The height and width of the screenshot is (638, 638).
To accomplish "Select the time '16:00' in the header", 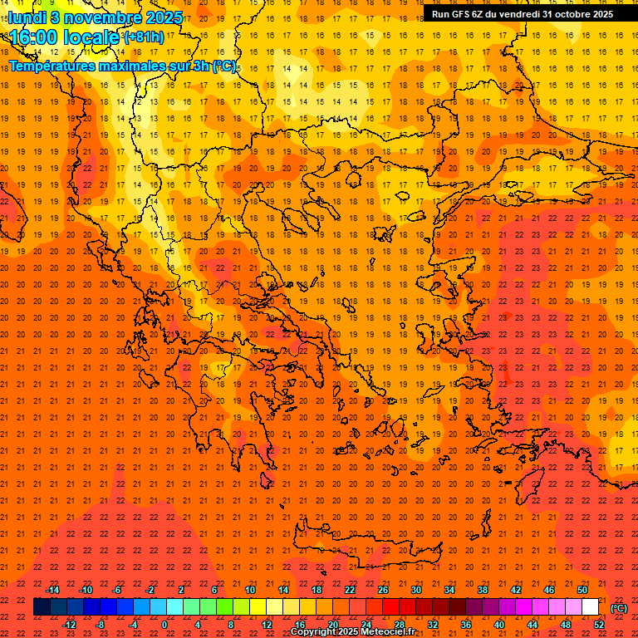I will [x=33, y=37].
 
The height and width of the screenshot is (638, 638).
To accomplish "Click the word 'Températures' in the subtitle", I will [x=55, y=66].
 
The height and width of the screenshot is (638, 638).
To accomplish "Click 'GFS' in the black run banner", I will [x=464, y=14].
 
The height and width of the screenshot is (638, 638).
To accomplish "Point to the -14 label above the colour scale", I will [x=53, y=590].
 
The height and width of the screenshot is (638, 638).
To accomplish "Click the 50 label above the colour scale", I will [x=582, y=590].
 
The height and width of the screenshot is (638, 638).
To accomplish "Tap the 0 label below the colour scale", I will [x=164, y=625].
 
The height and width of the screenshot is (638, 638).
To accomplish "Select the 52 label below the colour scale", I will [x=599, y=625].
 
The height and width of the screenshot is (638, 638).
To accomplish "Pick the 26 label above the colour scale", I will [x=383, y=590].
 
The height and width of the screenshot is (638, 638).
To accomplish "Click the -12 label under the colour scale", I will [x=70, y=625].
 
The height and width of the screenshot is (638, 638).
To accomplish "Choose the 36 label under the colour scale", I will [x=466, y=625].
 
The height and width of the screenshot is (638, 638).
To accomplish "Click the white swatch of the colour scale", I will [x=591, y=607].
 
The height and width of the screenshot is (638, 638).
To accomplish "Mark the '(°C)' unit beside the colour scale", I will [x=619, y=608].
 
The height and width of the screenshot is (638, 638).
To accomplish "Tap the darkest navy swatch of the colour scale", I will [x=42, y=607].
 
